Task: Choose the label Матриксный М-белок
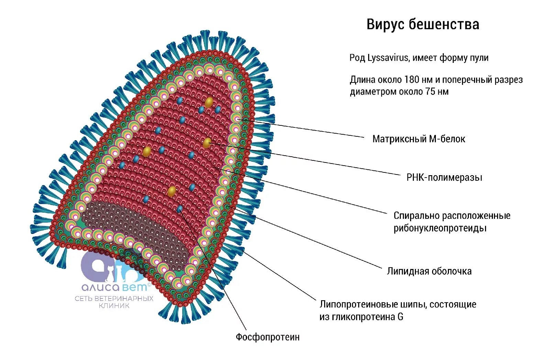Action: coord(418,139)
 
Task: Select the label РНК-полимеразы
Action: coord(444,178)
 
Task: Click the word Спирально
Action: coord(416,216)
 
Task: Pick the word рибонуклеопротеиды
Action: coord(440,228)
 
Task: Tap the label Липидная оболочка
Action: coord(429,271)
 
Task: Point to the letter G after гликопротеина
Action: coord(400,317)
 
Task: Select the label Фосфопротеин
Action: coord(267,337)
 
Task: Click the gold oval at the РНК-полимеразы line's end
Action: coord(207,143)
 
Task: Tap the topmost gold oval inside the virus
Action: coord(209,102)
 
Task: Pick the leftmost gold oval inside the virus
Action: coord(147,151)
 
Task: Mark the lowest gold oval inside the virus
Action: coord(172,191)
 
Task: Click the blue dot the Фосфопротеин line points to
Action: coord(179,209)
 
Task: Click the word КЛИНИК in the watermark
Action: coord(114,306)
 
